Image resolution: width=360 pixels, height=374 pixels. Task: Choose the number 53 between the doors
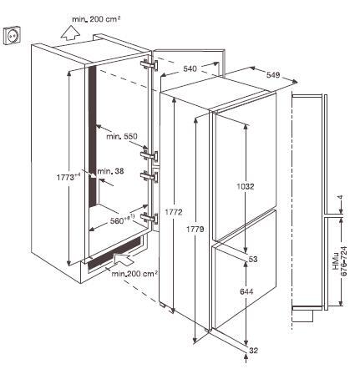click(x=250, y=260)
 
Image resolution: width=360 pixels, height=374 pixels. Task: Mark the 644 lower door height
click(x=246, y=292)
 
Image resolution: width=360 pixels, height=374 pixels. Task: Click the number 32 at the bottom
click(x=253, y=351)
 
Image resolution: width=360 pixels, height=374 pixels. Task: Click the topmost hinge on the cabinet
click(x=150, y=64)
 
